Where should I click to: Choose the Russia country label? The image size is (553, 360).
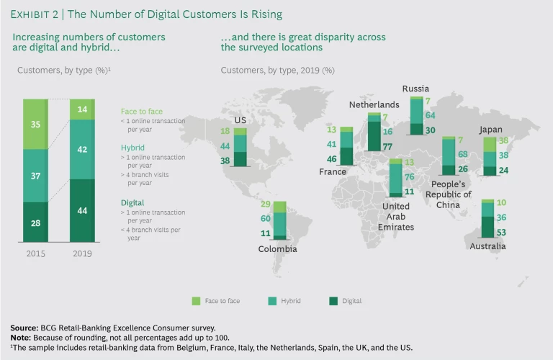pyautogui.click(x=416, y=89)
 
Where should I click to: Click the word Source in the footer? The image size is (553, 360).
pyautogui.click(x=24, y=328)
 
